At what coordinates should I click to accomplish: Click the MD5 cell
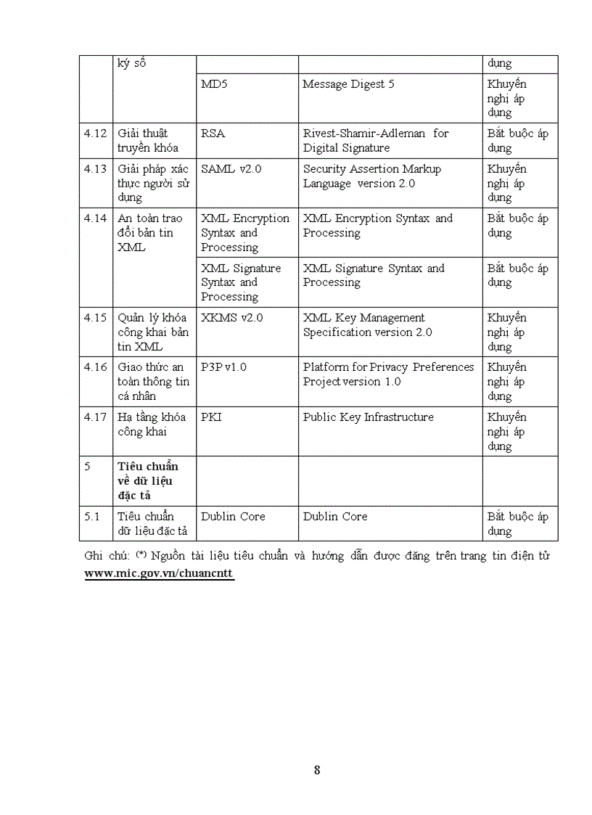(x=214, y=84)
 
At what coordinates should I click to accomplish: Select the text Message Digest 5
(x=348, y=84)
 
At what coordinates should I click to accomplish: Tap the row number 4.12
(x=95, y=134)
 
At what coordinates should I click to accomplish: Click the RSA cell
(x=213, y=134)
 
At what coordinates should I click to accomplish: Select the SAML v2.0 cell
(x=231, y=169)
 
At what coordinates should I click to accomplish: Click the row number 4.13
(x=95, y=169)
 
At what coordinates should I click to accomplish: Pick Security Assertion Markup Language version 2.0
(x=371, y=176)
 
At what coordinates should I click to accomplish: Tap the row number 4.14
(x=95, y=218)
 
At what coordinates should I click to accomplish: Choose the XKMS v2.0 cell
(x=231, y=318)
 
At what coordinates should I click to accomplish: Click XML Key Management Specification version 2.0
(x=367, y=325)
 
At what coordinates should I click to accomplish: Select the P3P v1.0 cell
(x=223, y=367)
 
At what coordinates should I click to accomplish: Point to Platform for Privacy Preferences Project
(x=388, y=374)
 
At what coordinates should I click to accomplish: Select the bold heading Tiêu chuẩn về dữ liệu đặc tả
(x=147, y=480)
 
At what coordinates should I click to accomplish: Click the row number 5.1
(x=92, y=517)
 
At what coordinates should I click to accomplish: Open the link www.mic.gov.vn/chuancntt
(x=160, y=573)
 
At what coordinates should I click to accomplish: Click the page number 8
(x=317, y=770)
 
